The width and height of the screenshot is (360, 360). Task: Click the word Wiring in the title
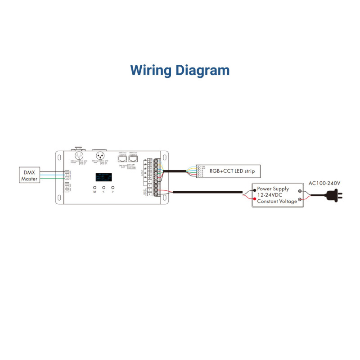[x=150, y=70]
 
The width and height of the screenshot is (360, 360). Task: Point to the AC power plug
[x=336, y=195]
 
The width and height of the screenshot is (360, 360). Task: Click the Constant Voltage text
[x=277, y=201]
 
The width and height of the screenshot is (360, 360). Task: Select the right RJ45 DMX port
[x=132, y=158]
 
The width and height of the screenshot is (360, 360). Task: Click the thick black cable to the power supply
[x=207, y=193]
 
